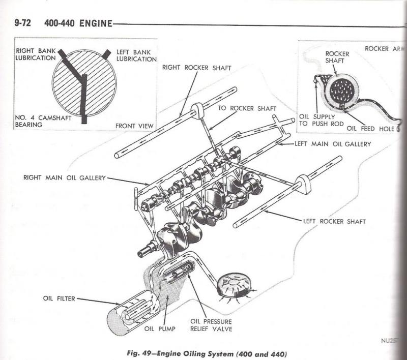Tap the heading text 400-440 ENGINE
[79, 24]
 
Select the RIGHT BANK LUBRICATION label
[36, 54]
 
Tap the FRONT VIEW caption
[134, 126]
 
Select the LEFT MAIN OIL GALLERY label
[333, 144]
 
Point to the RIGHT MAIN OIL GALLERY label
[64, 178]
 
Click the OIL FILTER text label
[59, 299]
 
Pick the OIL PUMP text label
[160, 329]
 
